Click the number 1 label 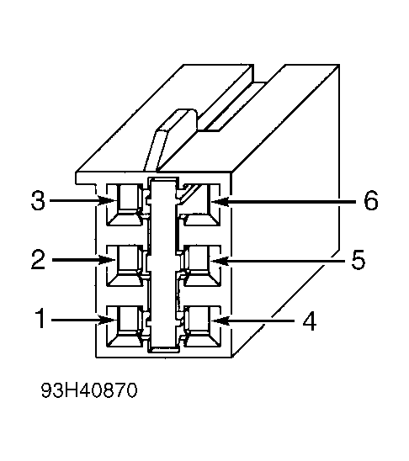pos(40,320)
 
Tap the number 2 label pos(38,261)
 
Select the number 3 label pos(38,202)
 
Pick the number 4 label pos(309,321)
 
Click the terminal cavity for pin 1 pos(129,321)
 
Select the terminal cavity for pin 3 pos(129,201)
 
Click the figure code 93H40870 pos(88,391)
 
